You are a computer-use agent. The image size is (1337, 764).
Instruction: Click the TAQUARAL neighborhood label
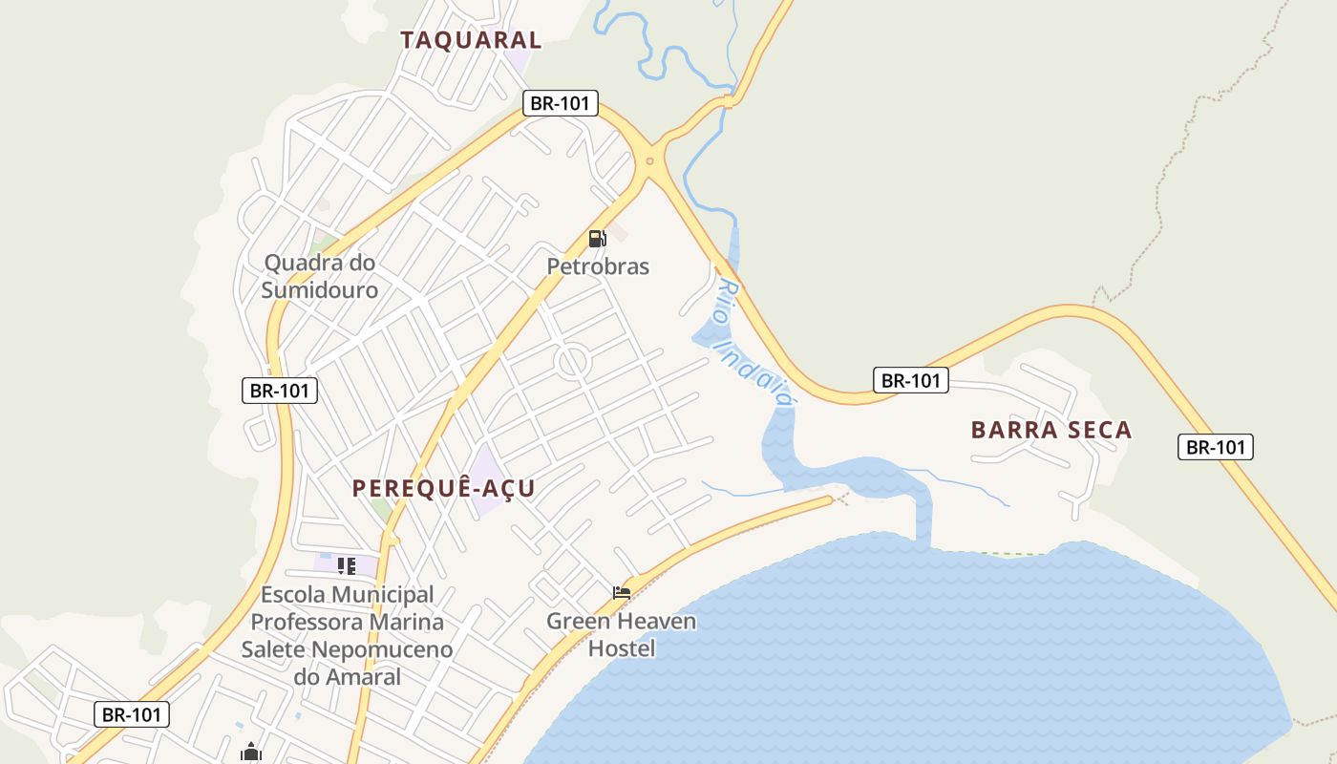coord(471,39)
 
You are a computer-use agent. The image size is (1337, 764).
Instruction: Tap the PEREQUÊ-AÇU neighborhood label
coord(443,488)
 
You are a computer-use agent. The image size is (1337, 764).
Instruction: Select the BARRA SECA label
coord(1051,430)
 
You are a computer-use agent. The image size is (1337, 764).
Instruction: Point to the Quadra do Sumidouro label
coord(320,276)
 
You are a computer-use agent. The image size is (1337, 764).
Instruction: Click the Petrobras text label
coord(598,266)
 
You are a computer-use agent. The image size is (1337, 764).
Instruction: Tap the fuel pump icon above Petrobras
coord(597,239)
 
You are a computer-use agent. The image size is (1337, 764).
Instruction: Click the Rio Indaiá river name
coord(755,345)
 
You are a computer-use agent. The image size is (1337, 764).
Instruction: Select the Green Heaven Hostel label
coord(621,635)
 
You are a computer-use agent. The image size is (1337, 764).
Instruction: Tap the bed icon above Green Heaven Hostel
coord(622,593)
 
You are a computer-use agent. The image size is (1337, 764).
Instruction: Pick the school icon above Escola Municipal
coord(347,566)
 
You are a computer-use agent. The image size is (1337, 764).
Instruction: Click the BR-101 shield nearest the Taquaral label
coord(561,103)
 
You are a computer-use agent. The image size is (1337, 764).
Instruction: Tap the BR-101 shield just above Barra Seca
coord(911,380)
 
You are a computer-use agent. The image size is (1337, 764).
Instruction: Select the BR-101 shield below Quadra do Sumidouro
coord(280,390)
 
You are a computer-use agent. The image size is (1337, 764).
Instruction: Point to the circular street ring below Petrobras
coord(572,362)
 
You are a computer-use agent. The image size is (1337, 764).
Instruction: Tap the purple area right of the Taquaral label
coord(519,55)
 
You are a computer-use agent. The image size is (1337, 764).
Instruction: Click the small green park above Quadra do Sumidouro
coord(325,244)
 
